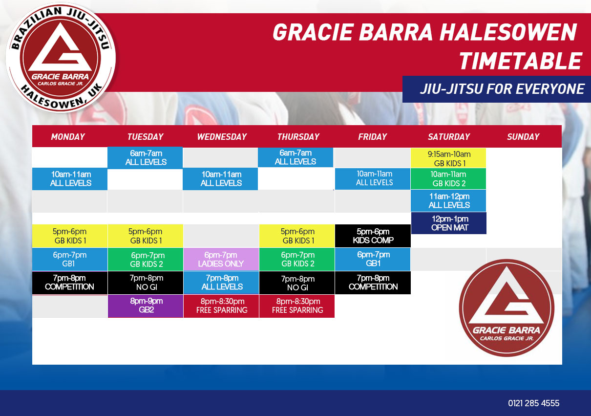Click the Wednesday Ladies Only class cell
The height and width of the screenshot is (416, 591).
221,259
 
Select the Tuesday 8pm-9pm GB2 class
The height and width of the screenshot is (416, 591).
146,306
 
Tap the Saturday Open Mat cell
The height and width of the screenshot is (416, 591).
449,223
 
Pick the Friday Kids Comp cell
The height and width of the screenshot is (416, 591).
373,236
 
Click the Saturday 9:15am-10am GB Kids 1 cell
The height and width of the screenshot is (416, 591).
448,158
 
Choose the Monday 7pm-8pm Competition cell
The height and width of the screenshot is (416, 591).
70,283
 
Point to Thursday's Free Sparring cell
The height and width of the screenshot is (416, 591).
297,306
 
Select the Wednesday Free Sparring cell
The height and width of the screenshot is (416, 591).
221,306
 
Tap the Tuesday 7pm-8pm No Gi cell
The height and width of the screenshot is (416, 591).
146,283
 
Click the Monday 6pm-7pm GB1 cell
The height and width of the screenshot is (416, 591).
70,259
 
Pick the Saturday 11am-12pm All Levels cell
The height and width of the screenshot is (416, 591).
448,200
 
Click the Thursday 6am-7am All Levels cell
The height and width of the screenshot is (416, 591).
295,157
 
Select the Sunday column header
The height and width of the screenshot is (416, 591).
523,136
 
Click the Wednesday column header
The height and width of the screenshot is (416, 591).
222,136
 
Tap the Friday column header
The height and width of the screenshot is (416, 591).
372,136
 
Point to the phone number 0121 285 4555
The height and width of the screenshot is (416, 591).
533,403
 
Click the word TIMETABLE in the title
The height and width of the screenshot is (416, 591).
520,61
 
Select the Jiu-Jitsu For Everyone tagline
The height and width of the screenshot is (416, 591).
502,89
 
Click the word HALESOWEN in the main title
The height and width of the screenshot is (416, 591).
508,32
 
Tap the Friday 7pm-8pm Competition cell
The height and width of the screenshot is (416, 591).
373,283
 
